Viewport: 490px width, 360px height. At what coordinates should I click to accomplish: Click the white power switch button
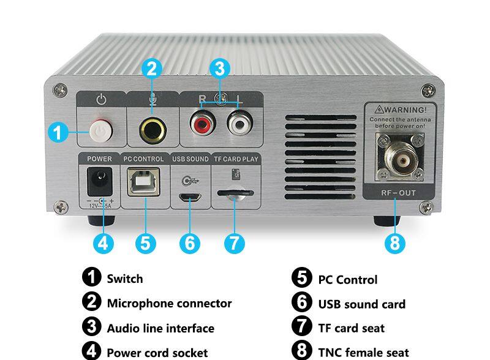(99, 130)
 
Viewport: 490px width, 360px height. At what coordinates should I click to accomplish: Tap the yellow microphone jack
(150, 129)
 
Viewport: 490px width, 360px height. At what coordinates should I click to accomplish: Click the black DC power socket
(99, 181)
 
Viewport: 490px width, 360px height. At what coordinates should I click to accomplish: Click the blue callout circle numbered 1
(58, 132)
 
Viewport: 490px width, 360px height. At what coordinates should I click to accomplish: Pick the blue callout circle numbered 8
(395, 242)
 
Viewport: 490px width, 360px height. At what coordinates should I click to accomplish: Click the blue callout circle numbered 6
(190, 242)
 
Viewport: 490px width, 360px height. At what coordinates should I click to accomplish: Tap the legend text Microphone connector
(169, 304)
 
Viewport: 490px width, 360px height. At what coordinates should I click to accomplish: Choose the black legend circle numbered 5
(302, 278)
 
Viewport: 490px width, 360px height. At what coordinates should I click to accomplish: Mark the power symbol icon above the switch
(102, 99)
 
